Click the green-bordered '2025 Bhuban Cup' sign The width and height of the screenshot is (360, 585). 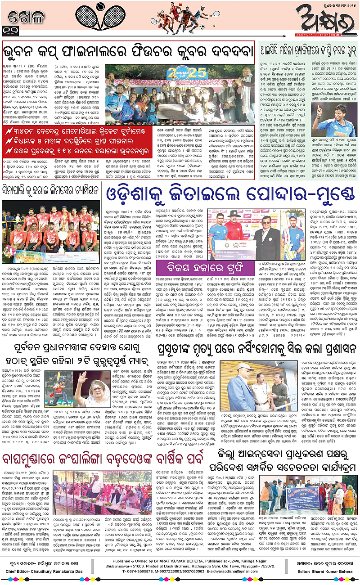coord(181,73)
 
